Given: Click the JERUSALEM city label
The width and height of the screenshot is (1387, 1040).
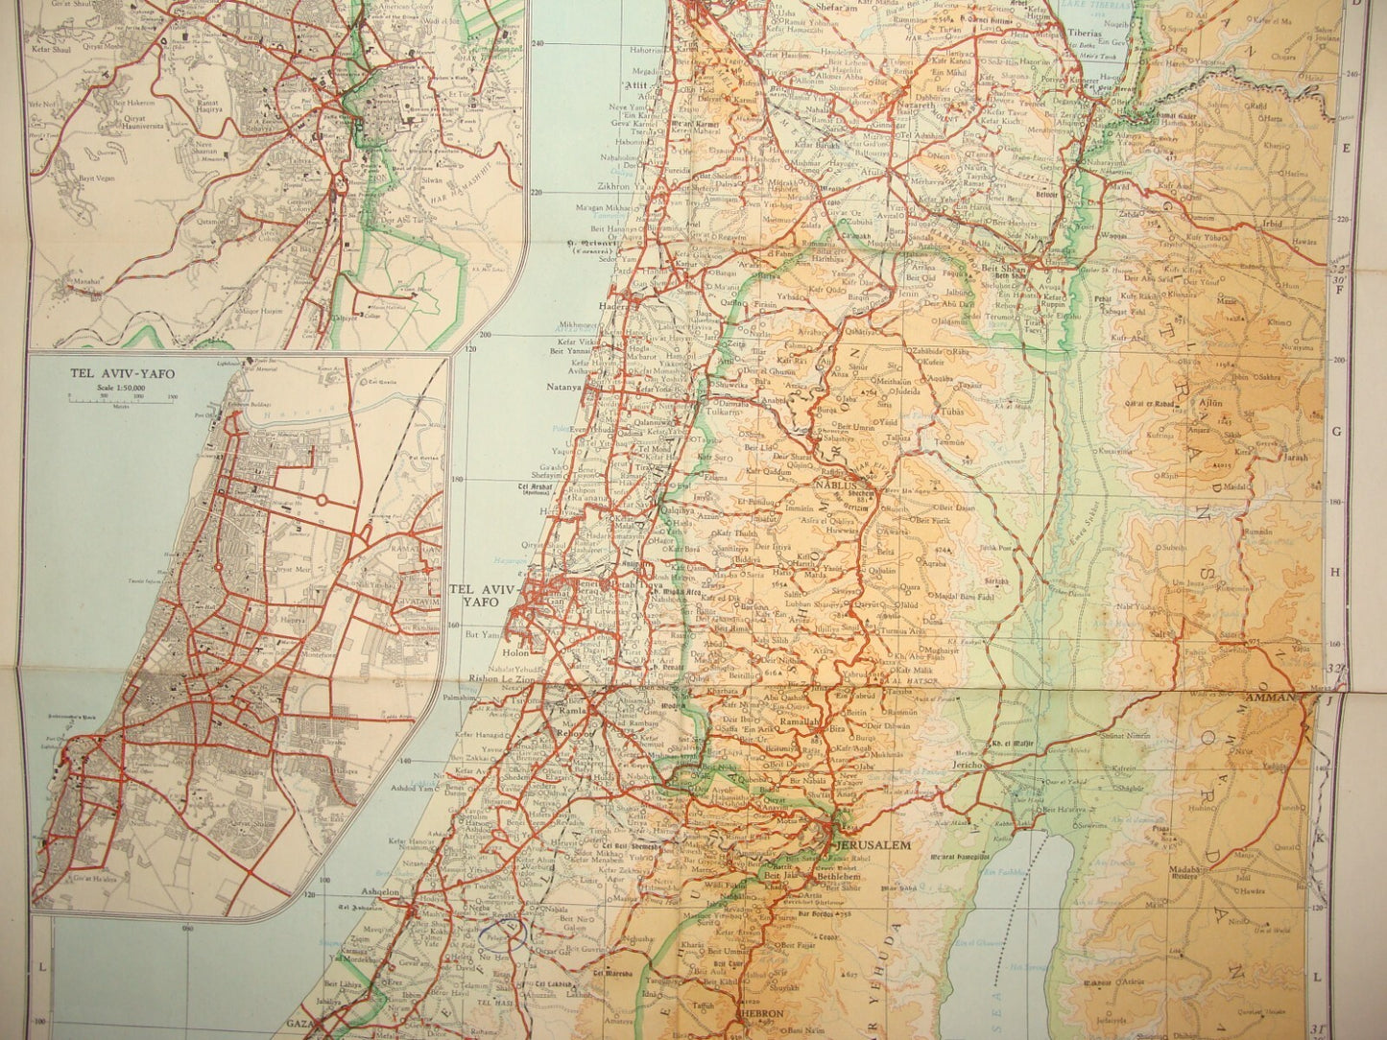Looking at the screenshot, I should [873, 845].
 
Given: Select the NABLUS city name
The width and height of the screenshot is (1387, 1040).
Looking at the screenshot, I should [834, 485].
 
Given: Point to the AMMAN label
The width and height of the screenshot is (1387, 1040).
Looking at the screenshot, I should [1271, 697].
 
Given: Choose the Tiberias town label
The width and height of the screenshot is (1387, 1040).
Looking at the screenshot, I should [1084, 33].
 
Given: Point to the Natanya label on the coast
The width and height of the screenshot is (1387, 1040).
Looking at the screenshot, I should [564, 388].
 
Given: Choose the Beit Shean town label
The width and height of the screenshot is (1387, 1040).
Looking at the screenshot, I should [1004, 271].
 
